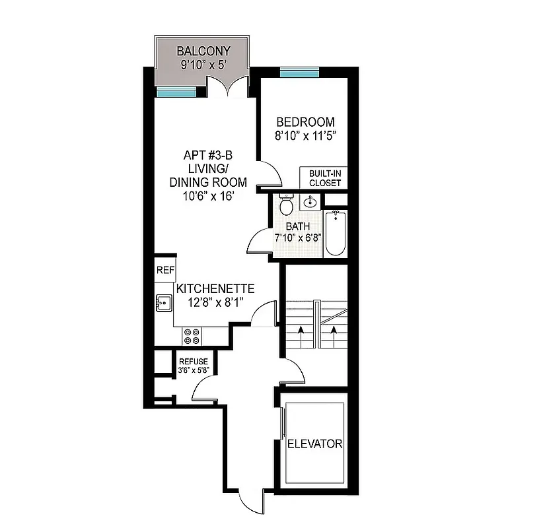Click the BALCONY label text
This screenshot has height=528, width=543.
tap(203, 51)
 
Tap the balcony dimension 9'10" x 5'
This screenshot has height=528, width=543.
tap(203, 65)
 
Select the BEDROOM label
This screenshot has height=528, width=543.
tap(305, 122)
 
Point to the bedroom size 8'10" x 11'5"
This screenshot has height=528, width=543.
tap(305, 137)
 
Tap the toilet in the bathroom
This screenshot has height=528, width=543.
tap(286, 205)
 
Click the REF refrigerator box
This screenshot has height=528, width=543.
tap(165, 270)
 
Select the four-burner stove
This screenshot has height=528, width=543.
tap(192, 336)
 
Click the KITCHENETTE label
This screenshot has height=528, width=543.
tap(215, 289)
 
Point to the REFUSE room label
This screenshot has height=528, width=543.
tap(193, 362)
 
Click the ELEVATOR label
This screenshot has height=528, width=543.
tap(314, 444)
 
